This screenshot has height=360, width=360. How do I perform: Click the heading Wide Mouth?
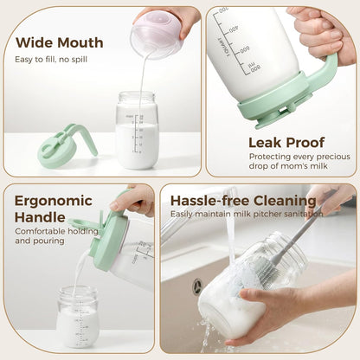60,42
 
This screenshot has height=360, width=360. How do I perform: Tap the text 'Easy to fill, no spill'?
51,60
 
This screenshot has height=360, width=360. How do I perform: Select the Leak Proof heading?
286,143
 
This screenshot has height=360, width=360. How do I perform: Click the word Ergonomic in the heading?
54,201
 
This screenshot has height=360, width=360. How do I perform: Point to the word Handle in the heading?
40,217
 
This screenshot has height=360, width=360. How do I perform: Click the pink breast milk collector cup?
157,35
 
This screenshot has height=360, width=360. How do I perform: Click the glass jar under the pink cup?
138,130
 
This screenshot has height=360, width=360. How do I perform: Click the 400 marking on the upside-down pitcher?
234,29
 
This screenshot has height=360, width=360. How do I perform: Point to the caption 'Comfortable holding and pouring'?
57,236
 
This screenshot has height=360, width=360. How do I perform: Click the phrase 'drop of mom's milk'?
288,166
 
